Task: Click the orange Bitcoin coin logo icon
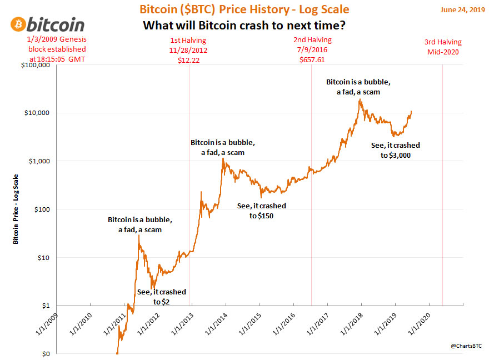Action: point(17,25)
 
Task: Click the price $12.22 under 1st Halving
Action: point(188,59)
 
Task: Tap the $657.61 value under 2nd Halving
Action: point(312,59)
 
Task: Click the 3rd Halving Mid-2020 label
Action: point(442,46)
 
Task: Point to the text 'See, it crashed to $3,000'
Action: point(395,151)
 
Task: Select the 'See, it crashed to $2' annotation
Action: point(161,297)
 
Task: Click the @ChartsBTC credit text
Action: point(467,346)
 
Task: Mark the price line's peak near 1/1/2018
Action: point(360,99)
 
